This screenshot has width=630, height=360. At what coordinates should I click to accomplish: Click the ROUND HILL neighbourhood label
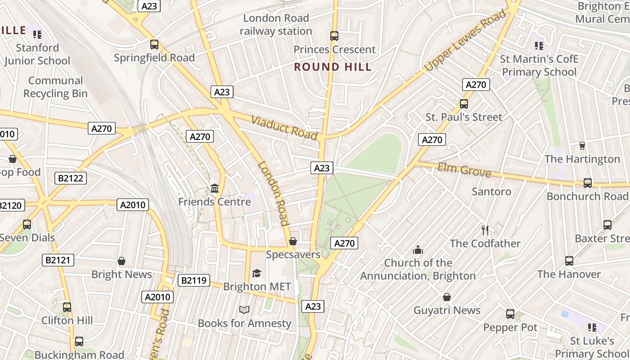pos(333,67)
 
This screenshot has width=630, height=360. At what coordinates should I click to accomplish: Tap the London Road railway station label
pos(275,25)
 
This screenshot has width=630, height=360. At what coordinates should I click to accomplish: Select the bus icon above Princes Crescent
pos(334,36)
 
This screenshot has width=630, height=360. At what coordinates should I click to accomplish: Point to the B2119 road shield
pos(194,281)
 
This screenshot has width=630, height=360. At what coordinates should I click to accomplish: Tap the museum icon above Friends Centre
pos(215,188)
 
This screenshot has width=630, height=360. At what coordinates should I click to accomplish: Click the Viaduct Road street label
pos(284,127)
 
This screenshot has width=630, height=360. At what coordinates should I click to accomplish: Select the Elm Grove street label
pos(464,170)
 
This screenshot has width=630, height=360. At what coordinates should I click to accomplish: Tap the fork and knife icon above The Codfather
pos(485,230)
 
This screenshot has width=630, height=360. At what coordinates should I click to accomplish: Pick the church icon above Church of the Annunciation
pos(418,250)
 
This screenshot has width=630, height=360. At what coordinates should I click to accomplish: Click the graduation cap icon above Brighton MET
pos(256,273)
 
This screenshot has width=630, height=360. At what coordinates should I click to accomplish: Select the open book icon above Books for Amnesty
pos(244,310)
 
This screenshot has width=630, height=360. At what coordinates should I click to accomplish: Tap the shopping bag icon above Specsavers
pos(293,242)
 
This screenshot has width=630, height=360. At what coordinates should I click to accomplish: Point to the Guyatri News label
pos(447,310)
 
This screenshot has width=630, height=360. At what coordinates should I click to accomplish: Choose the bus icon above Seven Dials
pos(27,224)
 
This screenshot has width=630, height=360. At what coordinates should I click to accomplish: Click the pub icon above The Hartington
pos(582,146)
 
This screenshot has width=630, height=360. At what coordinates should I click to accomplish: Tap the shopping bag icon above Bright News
pos(121,261)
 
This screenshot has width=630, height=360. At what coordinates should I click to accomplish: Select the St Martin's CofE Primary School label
pos(539,66)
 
